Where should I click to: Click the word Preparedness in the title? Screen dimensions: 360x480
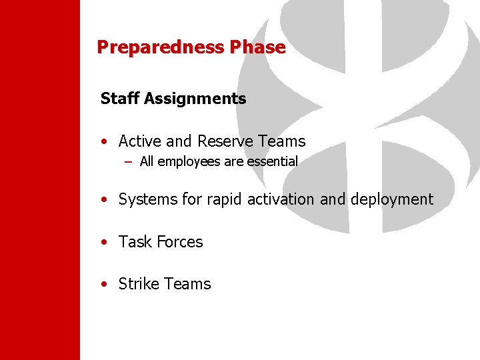click(x=161, y=47)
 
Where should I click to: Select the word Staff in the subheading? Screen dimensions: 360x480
click(x=119, y=99)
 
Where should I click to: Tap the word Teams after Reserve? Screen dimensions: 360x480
click(x=281, y=141)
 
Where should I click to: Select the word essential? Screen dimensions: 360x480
click(x=271, y=161)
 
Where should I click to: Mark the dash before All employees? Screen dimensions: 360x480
click(x=128, y=161)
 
